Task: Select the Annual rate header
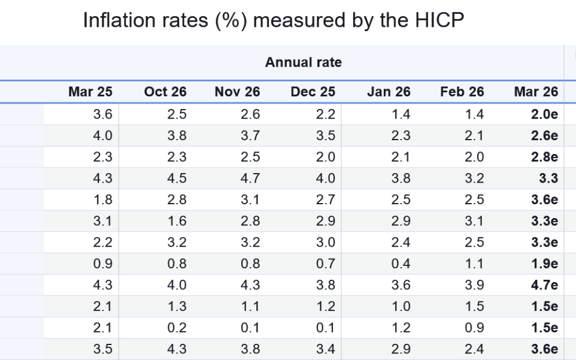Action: click(x=304, y=63)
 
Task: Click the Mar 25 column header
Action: click(x=91, y=92)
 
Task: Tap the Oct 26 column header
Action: click(x=165, y=92)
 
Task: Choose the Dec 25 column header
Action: click(x=313, y=92)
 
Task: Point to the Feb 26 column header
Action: click(x=462, y=92)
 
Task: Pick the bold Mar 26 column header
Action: click(x=536, y=92)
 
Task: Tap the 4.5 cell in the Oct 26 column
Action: click(x=178, y=179)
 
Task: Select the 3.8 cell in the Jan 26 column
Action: click(x=401, y=179)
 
